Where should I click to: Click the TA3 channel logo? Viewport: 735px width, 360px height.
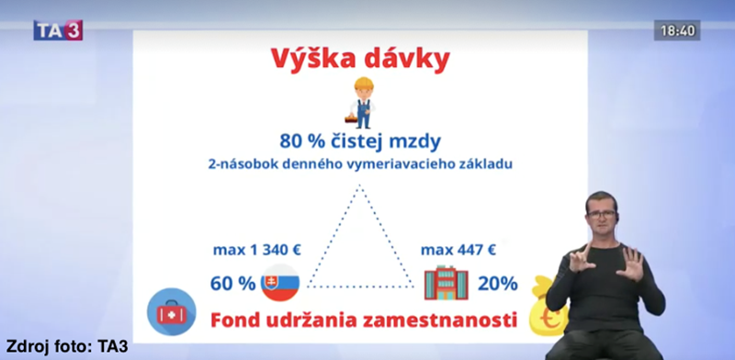58,30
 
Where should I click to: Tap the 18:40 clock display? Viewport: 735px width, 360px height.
677,31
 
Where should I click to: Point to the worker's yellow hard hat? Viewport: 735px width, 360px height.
364,84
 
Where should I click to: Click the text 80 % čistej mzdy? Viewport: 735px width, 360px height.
360,141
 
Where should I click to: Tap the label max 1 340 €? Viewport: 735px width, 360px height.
257,251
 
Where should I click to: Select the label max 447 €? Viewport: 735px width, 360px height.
458,251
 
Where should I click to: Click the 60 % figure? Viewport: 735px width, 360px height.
232,284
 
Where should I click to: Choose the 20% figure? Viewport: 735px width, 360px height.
497,284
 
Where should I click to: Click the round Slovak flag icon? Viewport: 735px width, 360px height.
280,283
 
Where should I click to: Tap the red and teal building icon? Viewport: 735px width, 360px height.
446,283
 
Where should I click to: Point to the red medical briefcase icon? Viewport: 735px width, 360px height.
172,312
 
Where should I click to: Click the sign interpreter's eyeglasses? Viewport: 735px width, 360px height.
602,214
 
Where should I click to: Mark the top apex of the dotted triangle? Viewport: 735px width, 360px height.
359,186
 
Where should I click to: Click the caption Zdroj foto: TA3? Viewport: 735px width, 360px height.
67,347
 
